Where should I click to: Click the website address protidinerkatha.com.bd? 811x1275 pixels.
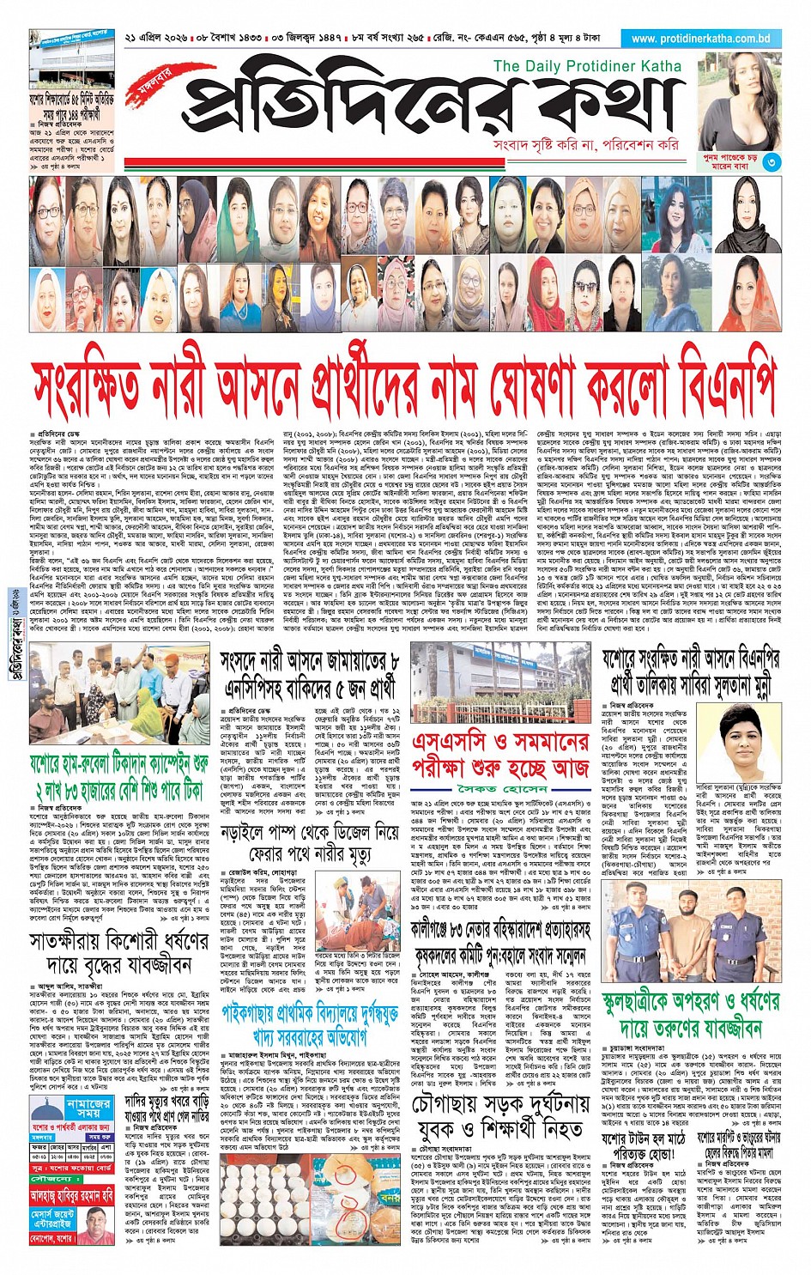(x=700, y=39)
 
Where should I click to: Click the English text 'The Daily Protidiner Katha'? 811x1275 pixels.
(x=587, y=66)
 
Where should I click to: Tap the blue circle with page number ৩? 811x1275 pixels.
(x=772, y=161)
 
